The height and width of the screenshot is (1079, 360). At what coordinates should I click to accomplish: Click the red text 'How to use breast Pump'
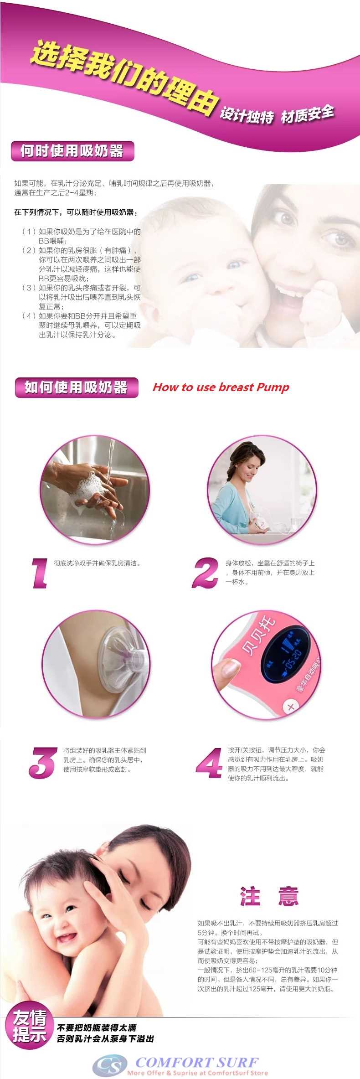click(x=221, y=387)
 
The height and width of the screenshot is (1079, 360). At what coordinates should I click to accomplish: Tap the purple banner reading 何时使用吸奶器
click(x=72, y=151)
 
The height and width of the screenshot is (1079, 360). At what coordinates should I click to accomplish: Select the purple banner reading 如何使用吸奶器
click(x=76, y=387)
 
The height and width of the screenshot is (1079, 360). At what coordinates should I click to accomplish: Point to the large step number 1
click(x=40, y=573)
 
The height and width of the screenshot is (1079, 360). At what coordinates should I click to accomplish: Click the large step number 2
click(x=206, y=573)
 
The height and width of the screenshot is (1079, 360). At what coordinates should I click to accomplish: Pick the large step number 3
click(x=43, y=763)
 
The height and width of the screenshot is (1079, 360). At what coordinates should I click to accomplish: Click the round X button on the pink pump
click(x=291, y=707)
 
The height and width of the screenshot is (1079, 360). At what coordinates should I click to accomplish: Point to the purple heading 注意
click(x=269, y=896)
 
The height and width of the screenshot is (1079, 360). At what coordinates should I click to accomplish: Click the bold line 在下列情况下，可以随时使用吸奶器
click(x=76, y=212)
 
